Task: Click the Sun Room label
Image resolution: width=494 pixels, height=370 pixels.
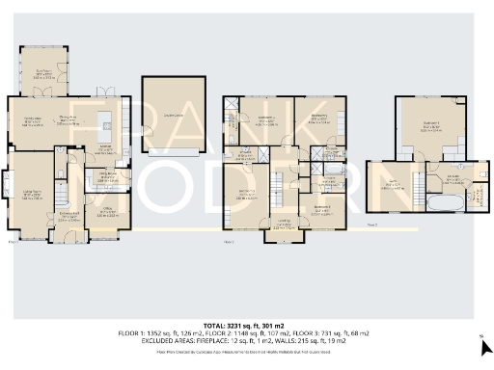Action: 42,71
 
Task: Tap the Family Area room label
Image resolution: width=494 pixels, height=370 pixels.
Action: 32,121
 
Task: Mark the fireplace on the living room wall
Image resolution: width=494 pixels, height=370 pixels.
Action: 10,184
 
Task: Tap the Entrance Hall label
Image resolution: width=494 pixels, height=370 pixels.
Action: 69,216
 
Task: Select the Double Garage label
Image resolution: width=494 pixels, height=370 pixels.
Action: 174,117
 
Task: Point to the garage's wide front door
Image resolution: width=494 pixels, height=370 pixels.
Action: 174,152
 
